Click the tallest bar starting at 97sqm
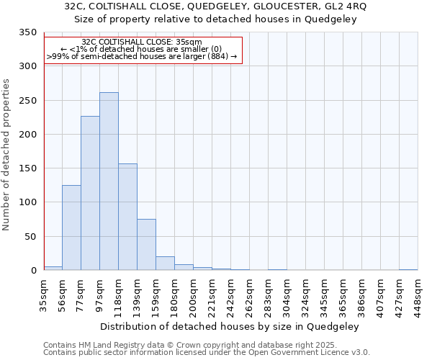click(x=109, y=181)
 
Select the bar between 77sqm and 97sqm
click(x=90, y=193)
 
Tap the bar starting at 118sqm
click(x=127, y=217)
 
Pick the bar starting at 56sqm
click(x=71, y=228)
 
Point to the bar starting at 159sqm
click(x=165, y=264)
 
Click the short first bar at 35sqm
click(x=53, y=269)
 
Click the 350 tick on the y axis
click(x=27, y=33)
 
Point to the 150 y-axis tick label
click(x=27, y=168)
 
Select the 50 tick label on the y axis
click(x=30, y=237)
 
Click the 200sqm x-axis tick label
click(x=193, y=294)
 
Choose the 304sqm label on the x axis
click(x=287, y=294)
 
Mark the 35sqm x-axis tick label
click(x=44, y=294)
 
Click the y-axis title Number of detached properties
click(x=6, y=155)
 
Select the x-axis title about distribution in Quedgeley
click(x=230, y=326)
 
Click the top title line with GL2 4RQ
click(x=215, y=6)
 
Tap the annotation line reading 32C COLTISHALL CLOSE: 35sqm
click(x=142, y=42)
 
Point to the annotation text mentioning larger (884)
click(x=142, y=55)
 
